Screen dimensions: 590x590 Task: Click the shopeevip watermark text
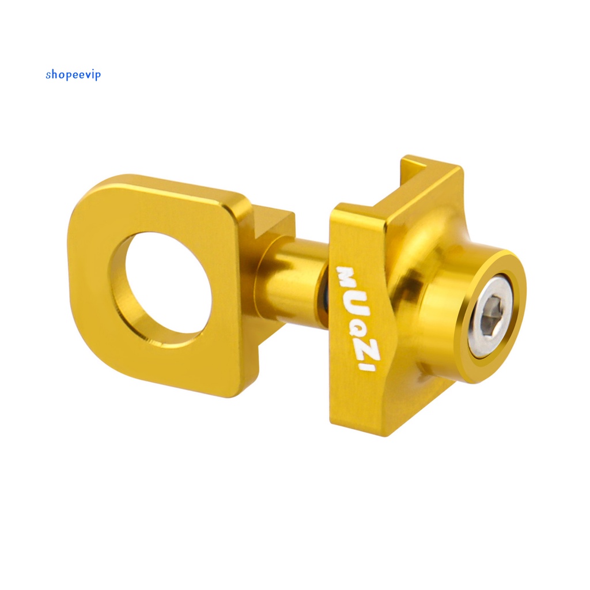73,75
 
